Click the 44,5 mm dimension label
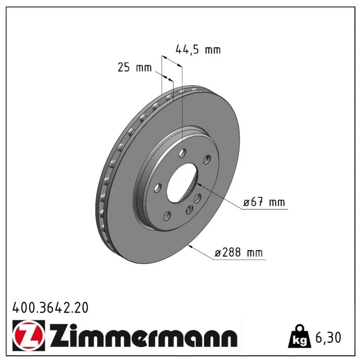point(198,50)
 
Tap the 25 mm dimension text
point(135,67)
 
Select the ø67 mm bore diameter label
point(264,202)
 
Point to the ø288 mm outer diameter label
point(238,252)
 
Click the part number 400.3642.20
point(50,308)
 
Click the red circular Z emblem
point(29,335)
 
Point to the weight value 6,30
point(328,337)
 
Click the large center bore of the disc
point(182,183)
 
